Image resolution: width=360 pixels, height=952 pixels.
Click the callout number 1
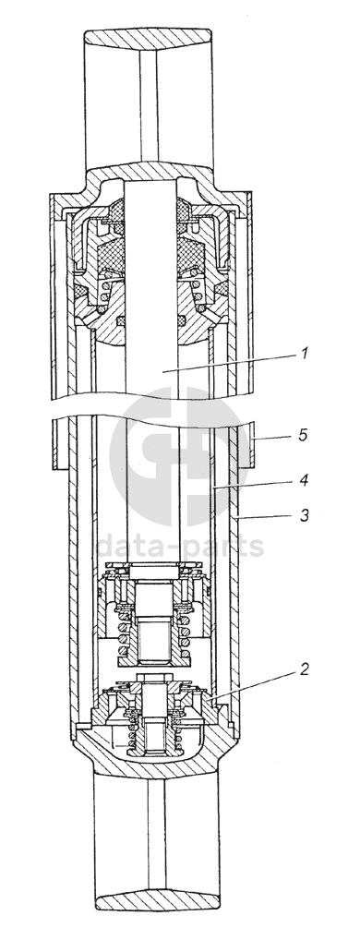[x=306, y=353]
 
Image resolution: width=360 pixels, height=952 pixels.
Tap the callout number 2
[x=304, y=669]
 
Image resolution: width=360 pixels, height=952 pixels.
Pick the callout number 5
[x=304, y=435]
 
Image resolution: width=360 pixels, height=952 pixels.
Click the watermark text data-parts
[x=180, y=546]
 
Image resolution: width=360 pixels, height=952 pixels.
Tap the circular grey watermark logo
[x=179, y=456]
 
